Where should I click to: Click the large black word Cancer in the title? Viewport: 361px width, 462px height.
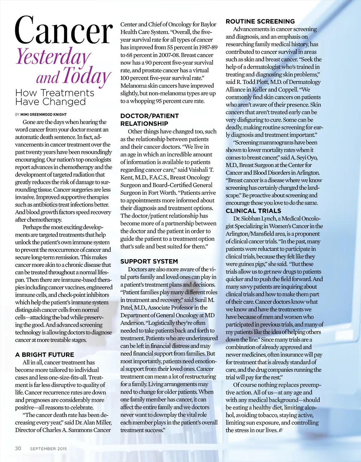(x=64, y=31)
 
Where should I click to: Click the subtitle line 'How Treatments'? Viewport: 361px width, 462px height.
(x=55, y=93)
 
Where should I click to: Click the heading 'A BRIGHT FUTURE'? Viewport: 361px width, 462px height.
(x=44, y=355)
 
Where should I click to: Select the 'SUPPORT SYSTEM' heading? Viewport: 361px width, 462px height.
(x=149, y=261)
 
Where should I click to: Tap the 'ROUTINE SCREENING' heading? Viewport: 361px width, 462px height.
(x=260, y=21)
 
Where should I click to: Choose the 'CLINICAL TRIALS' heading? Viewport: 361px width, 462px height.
(x=253, y=211)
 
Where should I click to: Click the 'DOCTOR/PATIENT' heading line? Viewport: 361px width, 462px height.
(x=149, y=116)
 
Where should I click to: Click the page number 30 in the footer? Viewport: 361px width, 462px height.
(x=18, y=448)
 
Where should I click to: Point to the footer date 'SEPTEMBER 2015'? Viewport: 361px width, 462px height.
(x=48, y=449)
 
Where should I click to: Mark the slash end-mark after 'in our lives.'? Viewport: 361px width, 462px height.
(x=281, y=430)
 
